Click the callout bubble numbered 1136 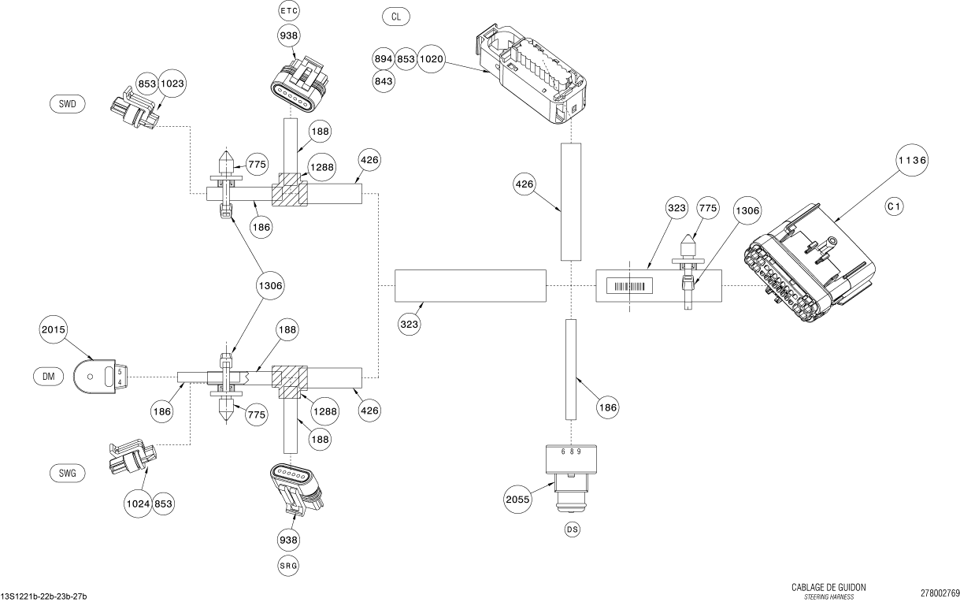coord(913,159)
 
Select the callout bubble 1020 coord(432,59)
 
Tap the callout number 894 coord(384,59)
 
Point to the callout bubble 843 coord(384,80)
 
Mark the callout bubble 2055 coord(519,499)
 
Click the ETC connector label coord(289,10)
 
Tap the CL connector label coord(395,16)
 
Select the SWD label coord(67,104)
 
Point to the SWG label coord(67,473)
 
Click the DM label coord(48,377)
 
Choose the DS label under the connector coord(572,530)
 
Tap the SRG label coord(289,565)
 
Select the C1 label coord(894,206)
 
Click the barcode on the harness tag coord(631,288)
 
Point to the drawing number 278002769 coord(940,592)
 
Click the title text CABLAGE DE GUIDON coord(828,588)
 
